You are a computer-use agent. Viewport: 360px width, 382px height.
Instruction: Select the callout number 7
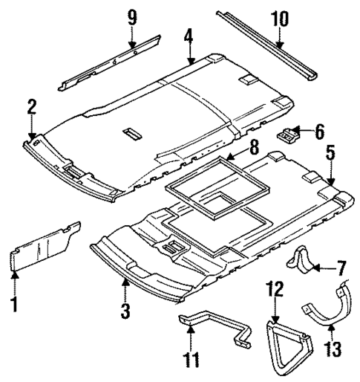pos(341,265)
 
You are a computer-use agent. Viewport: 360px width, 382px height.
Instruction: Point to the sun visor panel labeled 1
pos(45,245)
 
